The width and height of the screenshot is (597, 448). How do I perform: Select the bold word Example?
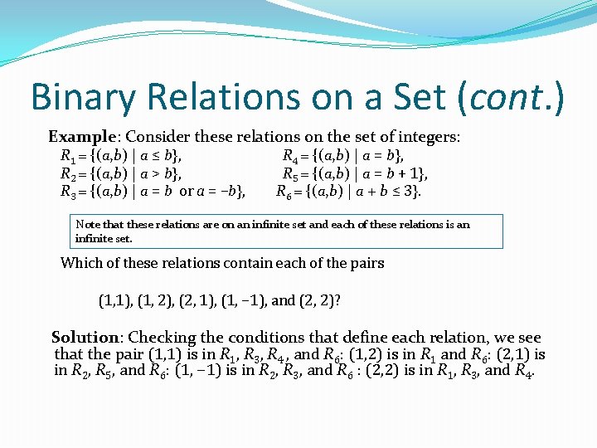[x=80, y=136]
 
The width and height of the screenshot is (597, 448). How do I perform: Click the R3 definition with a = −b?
[x=153, y=192]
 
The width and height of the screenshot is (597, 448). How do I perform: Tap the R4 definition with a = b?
[x=343, y=156]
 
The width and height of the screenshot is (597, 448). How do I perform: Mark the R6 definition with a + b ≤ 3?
[x=349, y=192]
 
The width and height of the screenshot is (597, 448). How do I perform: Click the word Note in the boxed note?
[x=86, y=225]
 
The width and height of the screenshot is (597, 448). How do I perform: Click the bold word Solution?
[x=85, y=338]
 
